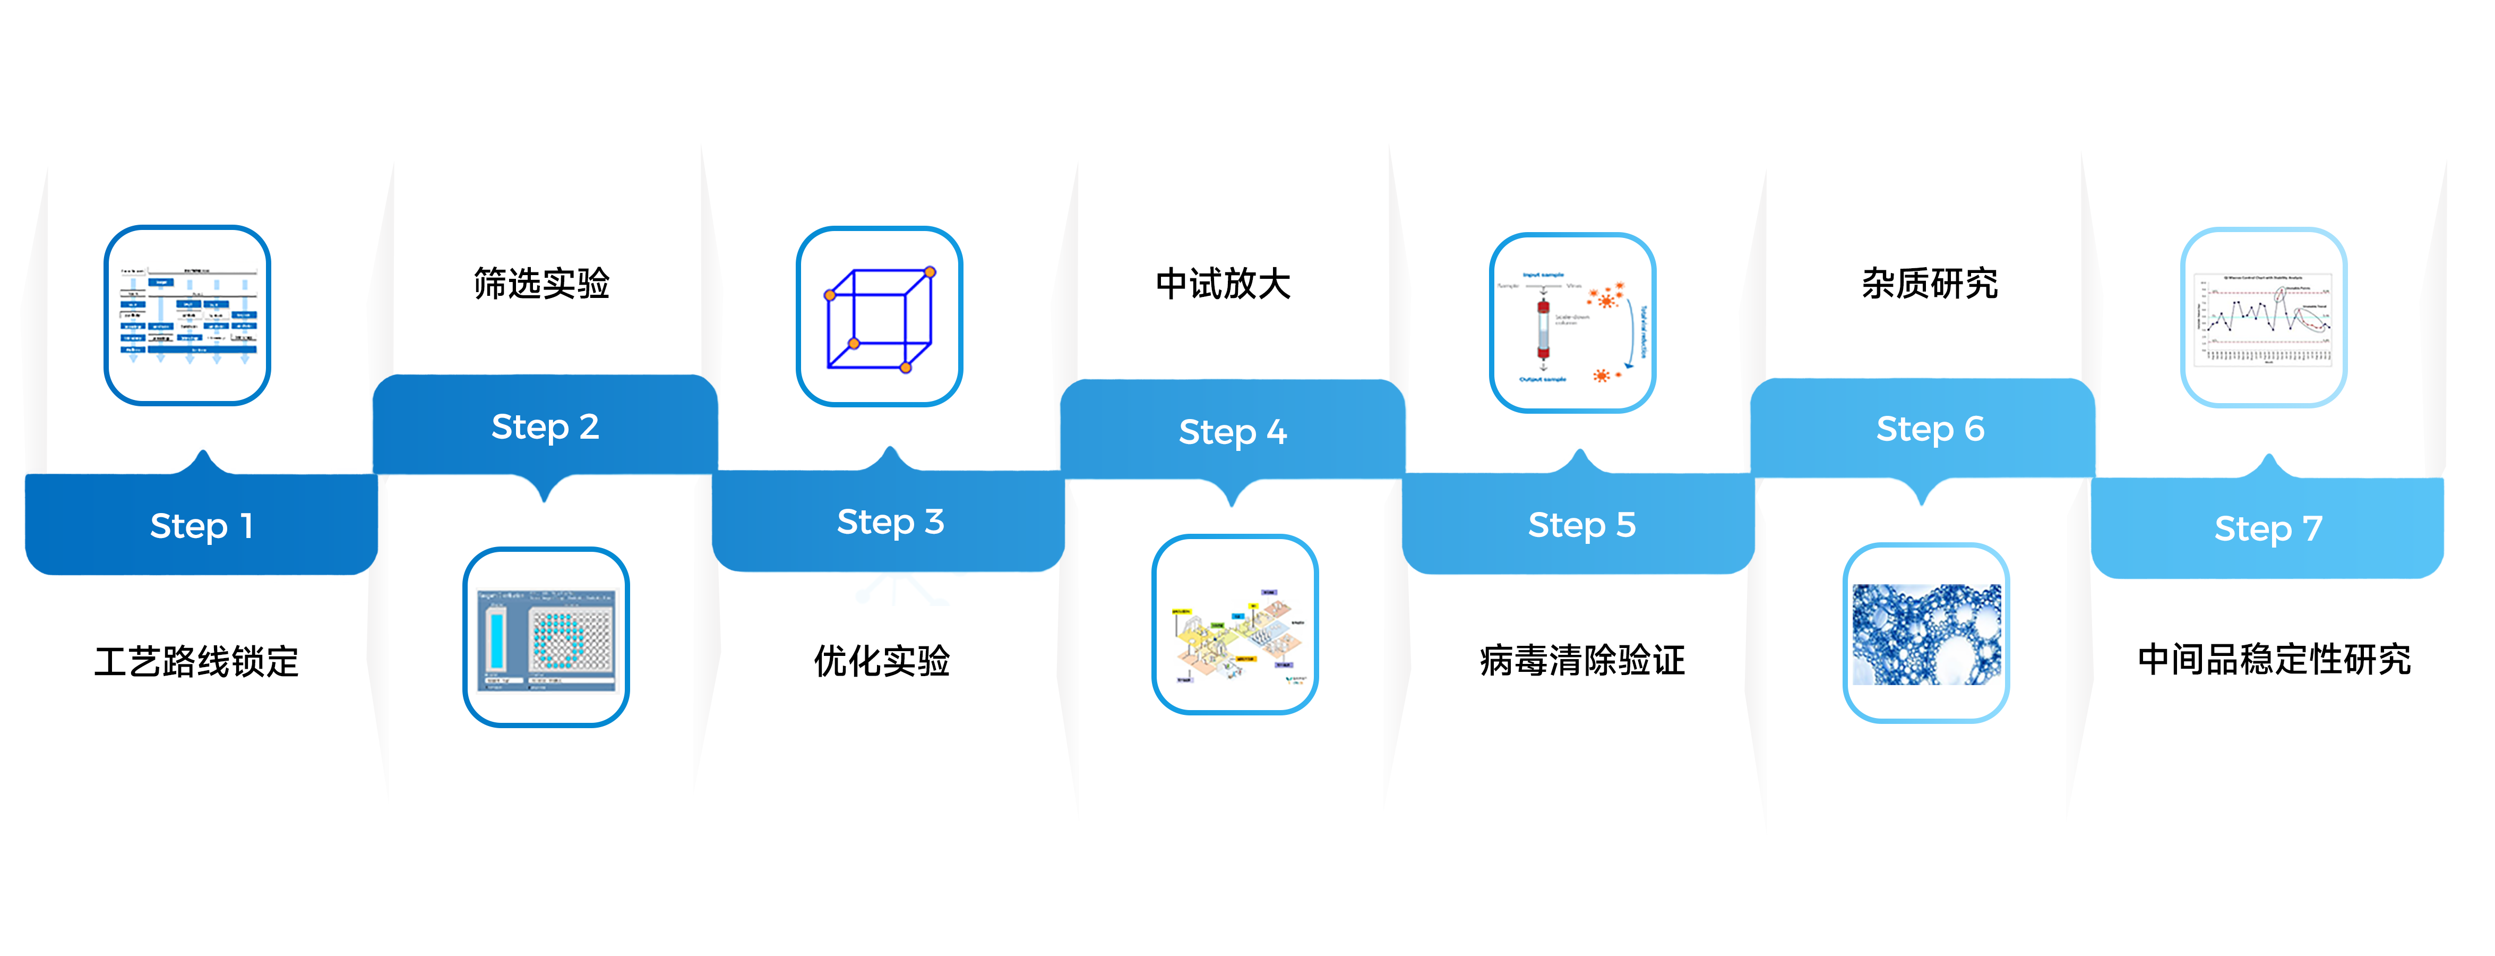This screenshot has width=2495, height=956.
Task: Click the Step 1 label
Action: click(x=202, y=526)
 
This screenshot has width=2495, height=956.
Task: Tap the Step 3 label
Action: click(x=890, y=522)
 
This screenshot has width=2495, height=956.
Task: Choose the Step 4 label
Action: click(x=1232, y=432)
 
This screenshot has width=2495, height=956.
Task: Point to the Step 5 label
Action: click(x=1581, y=525)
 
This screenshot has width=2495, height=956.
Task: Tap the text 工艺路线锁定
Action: click(x=196, y=662)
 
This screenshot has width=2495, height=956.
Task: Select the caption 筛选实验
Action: click(x=541, y=284)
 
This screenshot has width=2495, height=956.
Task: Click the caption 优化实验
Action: click(x=881, y=661)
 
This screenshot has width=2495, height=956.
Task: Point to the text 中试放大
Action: click(x=1223, y=284)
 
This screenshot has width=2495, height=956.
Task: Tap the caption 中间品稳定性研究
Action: click(x=2273, y=660)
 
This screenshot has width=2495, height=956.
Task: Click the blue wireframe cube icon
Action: click(x=879, y=317)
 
